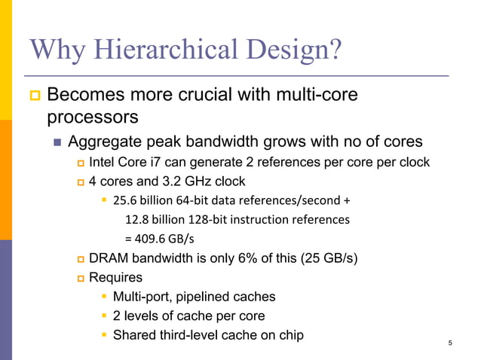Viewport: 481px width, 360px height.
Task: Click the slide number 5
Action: (449, 344)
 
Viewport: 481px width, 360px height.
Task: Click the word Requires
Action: (115, 278)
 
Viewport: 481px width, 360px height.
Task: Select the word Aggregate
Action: (104, 142)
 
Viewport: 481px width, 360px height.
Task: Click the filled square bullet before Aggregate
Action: (57, 142)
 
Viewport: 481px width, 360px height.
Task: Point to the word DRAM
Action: (108, 259)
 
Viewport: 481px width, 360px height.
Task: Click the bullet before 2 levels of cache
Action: (103, 316)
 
